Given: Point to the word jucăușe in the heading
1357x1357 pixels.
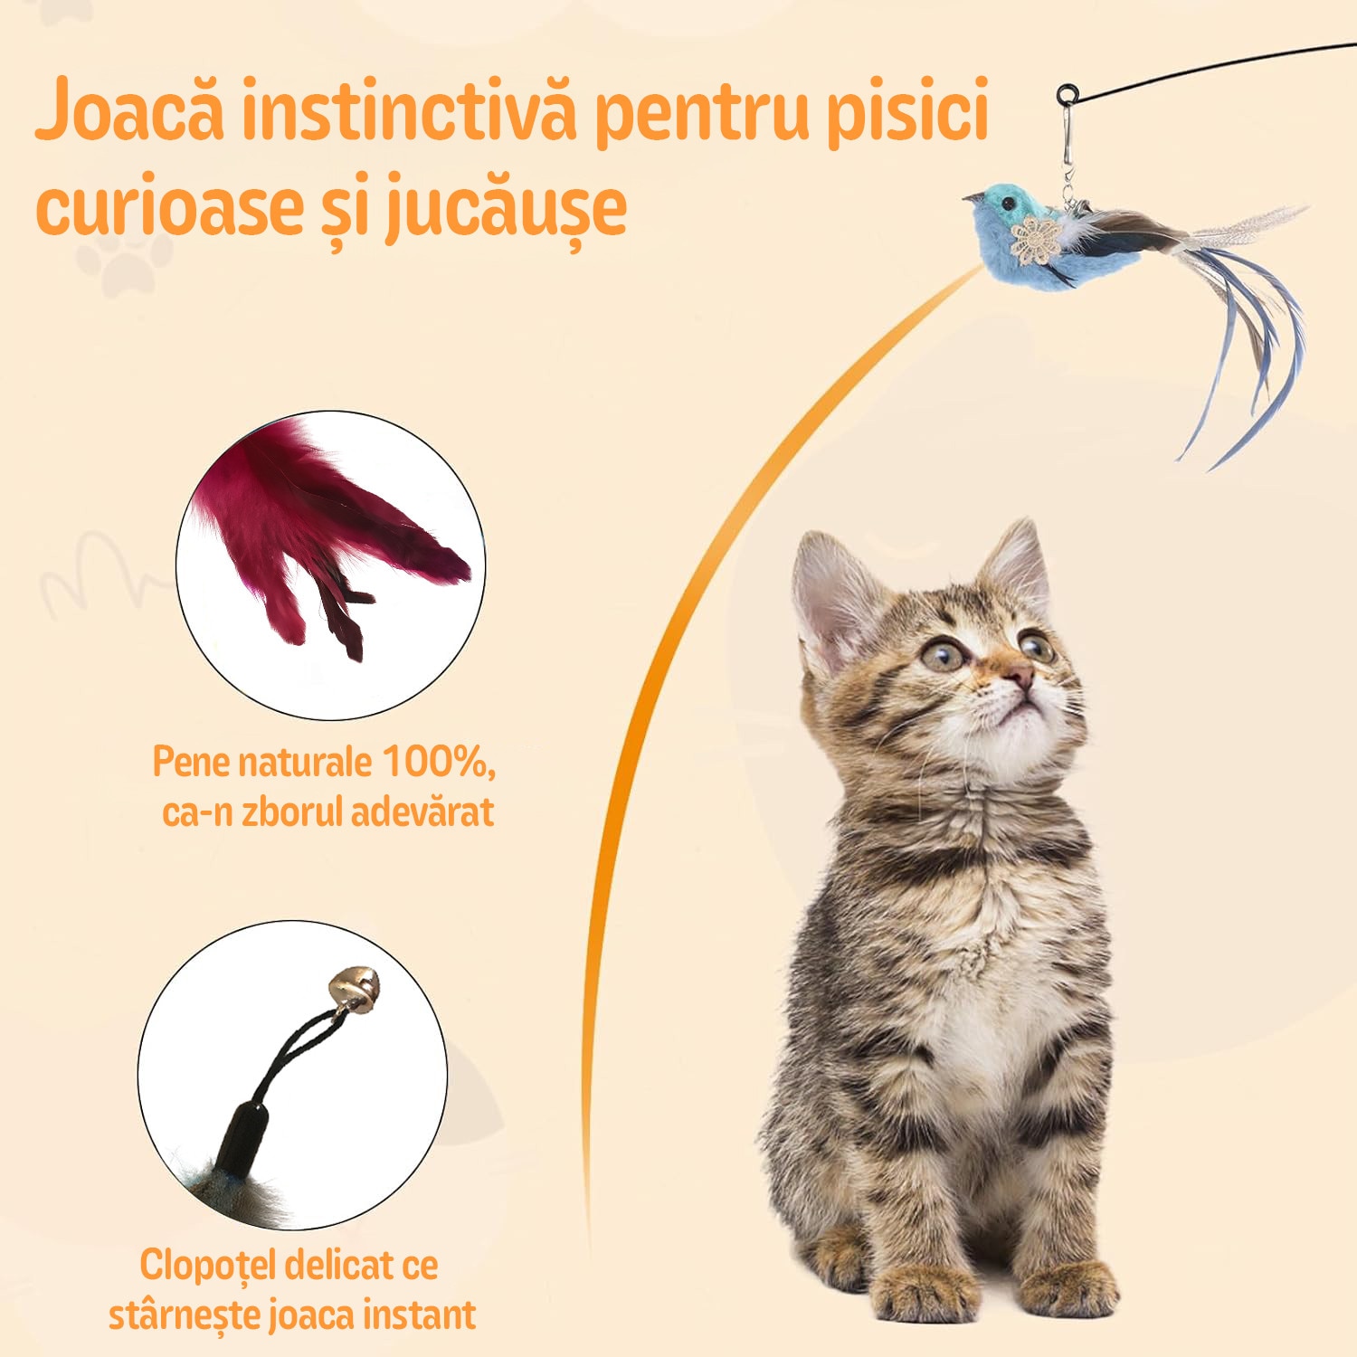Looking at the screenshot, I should point(507,209).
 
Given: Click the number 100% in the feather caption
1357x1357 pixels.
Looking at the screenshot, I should point(437,762).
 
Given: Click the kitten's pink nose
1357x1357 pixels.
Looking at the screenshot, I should point(1019,674).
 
